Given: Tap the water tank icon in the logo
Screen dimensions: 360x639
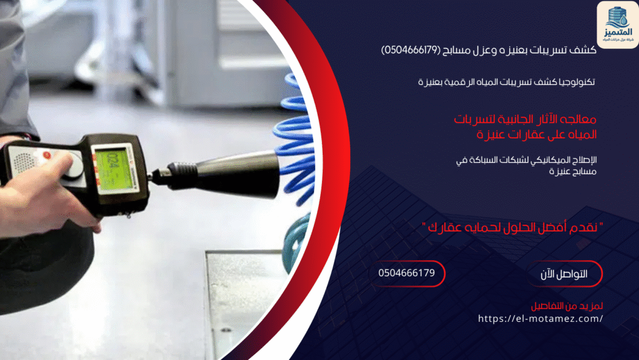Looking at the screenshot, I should [617, 15].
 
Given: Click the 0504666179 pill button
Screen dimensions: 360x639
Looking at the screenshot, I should [407, 273].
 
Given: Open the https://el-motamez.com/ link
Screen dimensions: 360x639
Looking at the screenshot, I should [540, 318].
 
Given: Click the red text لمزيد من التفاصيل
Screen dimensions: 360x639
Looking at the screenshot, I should [567, 306].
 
